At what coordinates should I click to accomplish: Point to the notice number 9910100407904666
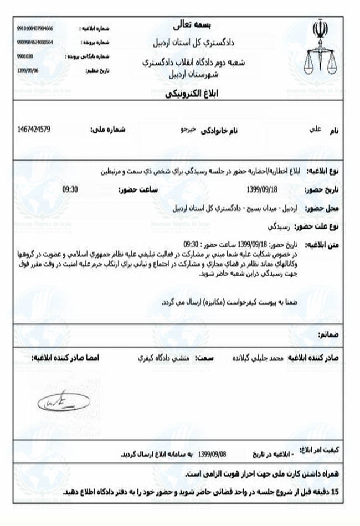pyautogui.click(x=35, y=28)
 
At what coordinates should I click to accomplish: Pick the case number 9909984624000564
pyautogui.click(x=35, y=42)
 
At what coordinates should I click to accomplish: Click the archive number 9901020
pyautogui.click(x=25, y=56)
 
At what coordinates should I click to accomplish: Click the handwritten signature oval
pyautogui.click(x=63, y=400)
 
